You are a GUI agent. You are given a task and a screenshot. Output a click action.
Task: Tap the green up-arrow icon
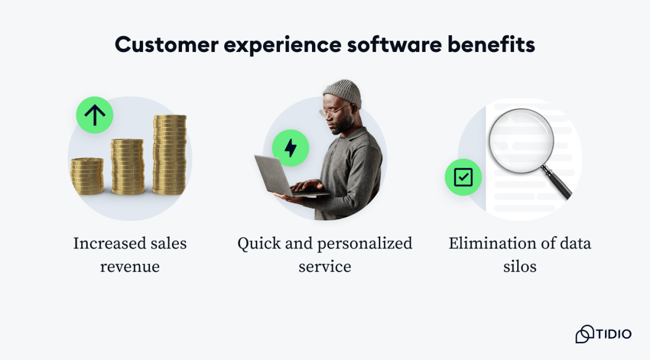pyautogui.click(x=95, y=115)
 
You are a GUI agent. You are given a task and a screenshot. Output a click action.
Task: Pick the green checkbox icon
pyautogui.click(x=463, y=177)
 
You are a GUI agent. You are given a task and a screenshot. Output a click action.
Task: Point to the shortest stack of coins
pyautogui.click(x=87, y=176)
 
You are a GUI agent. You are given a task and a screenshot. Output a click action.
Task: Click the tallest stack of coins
pyautogui.click(x=170, y=154)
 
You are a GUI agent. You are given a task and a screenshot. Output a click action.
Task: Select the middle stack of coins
pyautogui.click(x=128, y=167)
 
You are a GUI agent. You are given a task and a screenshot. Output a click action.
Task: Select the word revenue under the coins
pyautogui.click(x=130, y=266)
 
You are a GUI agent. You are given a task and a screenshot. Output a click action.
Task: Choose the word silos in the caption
pyautogui.click(x=519, y=266)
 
